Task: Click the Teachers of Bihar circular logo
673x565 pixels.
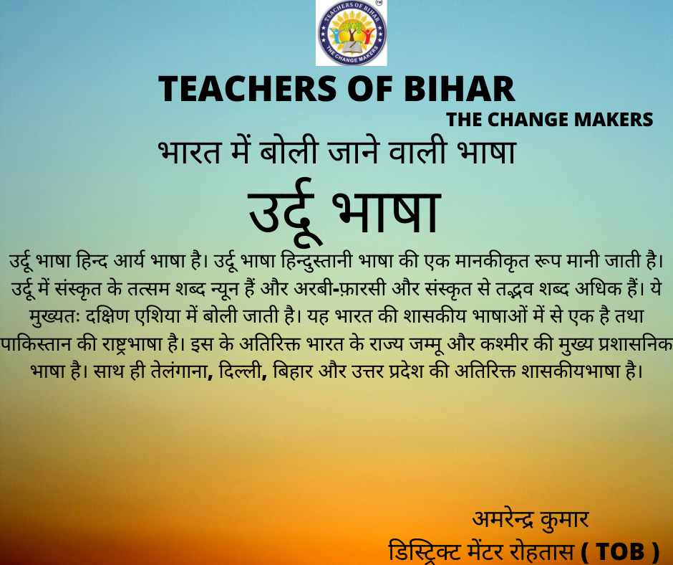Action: tap(352, 33)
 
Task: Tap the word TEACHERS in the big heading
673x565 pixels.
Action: tap(248, 89)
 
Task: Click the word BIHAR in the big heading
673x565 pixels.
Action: tap(459, 89)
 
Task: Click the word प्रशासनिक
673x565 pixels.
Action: tap(635, 344)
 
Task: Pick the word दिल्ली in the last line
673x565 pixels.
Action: tap(243, 371)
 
